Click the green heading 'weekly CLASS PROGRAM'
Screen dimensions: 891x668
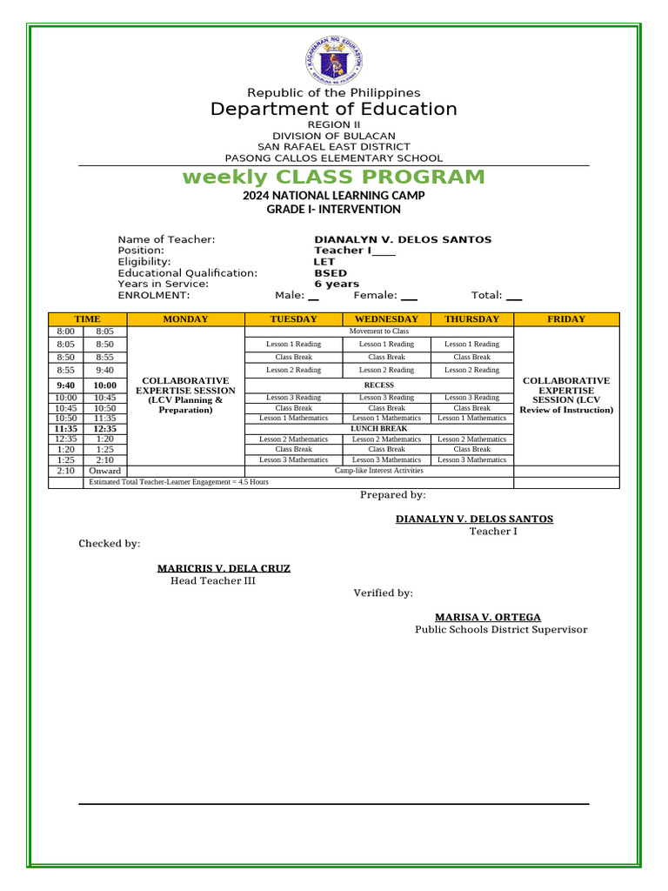click(334, 178)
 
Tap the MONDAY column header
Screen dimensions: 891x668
click(185, 319)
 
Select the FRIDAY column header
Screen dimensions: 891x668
click(566, 319)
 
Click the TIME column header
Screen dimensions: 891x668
click(87, 319)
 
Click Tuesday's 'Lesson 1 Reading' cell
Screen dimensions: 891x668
click(293, 345)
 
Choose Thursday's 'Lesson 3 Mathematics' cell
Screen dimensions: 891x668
click(471, 459)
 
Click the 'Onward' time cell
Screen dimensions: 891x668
click(105, 471)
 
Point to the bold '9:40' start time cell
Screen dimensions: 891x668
click(66, 385)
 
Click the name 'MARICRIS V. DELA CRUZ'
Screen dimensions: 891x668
click(224, 568)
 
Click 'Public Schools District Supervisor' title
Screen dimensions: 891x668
click(501, 630)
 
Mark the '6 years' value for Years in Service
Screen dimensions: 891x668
click(337, 284)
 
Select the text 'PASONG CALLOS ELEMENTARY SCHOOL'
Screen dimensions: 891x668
click(334, 158)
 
